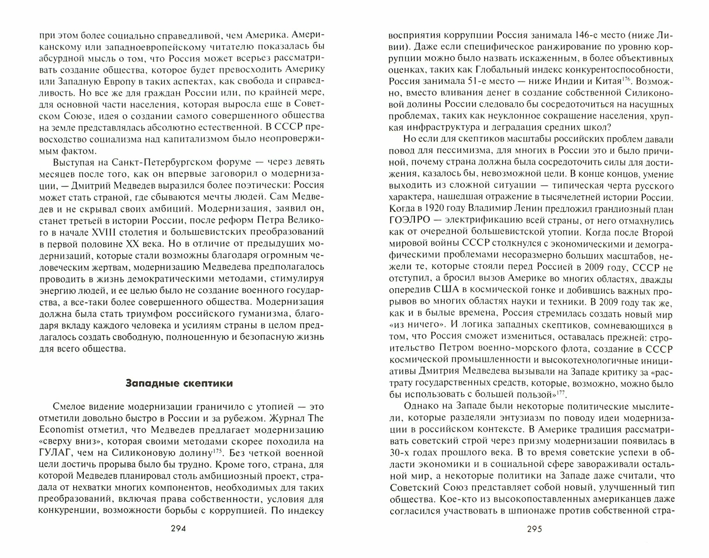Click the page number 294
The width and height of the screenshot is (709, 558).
click(x=178, y=529)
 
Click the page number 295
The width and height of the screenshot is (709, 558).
click(x=535, y=529)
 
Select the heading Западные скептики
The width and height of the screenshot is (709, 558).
click(x=179, y=383)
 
